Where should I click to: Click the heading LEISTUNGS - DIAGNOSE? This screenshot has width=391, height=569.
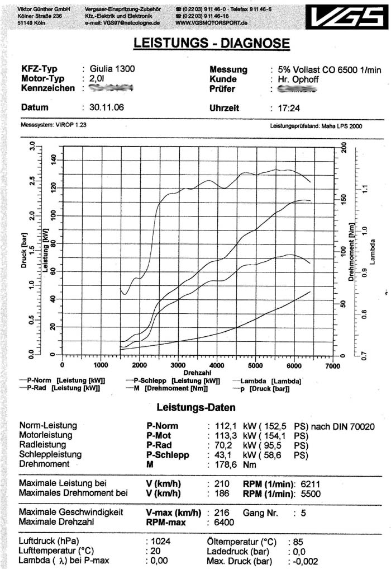(212, 44)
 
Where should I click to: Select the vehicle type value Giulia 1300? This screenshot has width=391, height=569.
(112, 69)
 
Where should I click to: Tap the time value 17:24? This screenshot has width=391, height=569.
(282, 108)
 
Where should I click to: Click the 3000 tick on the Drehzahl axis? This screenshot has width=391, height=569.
(178, 365)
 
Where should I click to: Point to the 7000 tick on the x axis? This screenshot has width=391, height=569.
(332, 365)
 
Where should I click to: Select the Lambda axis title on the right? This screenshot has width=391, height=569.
(373, 252)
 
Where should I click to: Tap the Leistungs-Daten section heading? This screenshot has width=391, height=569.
(195, 407)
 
